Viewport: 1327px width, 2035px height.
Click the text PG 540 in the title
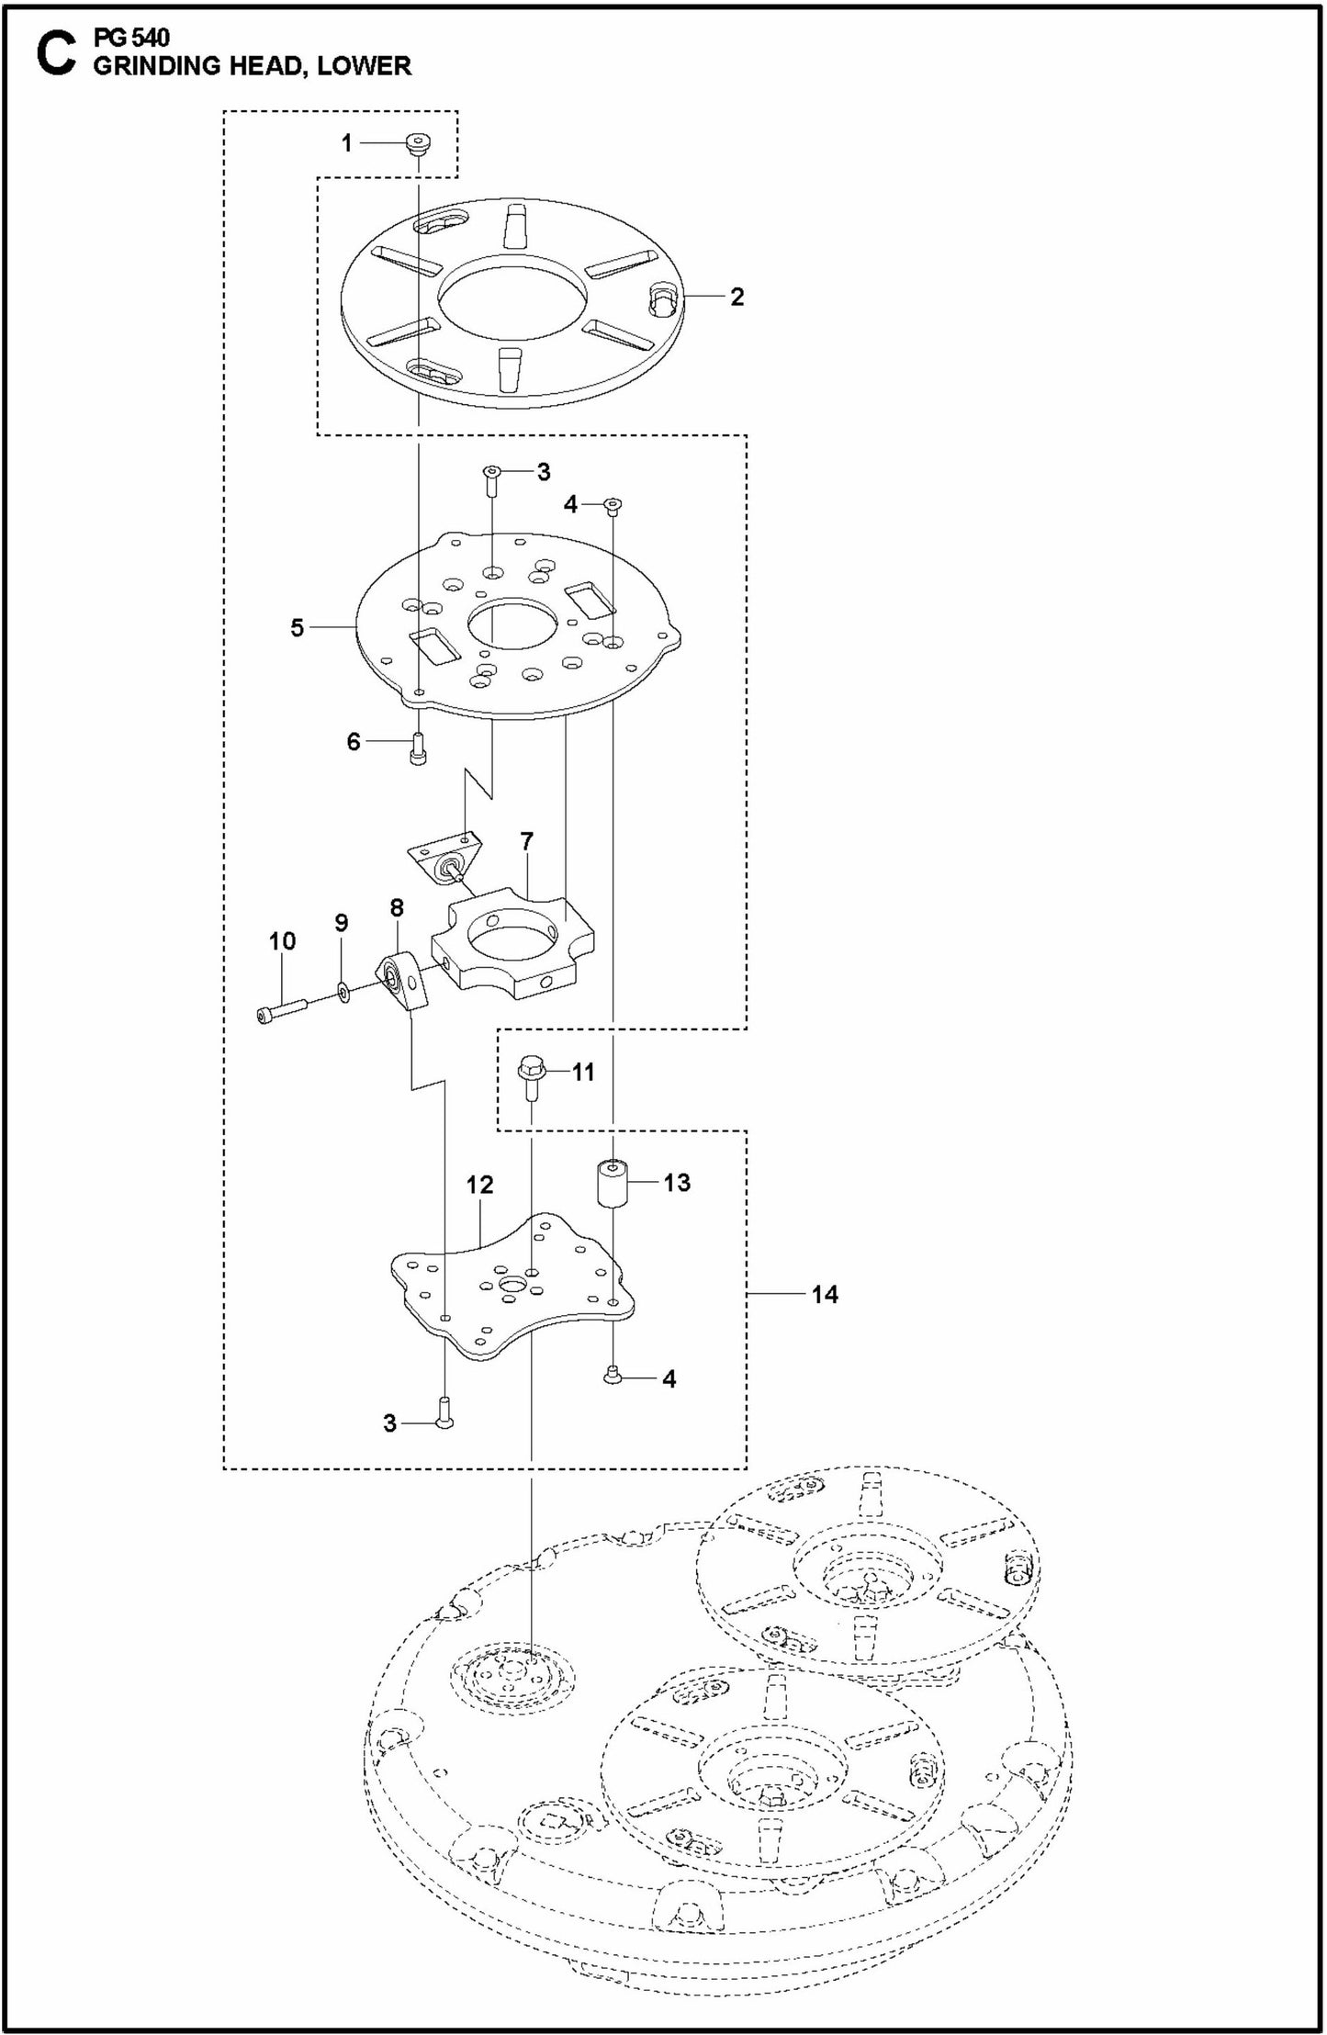tap(131, 38)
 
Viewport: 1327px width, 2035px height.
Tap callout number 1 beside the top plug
tap(346, 143)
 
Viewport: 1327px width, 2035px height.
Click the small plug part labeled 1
tap(419, 144)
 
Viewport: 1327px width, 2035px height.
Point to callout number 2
tap(737, 297)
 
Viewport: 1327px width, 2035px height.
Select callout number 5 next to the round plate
tap(298, 628)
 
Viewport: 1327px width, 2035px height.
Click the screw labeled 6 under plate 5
tap(419, 749)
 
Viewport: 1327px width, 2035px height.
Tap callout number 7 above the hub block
tap(527, 840)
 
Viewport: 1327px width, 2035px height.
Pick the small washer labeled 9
tap(343, 992)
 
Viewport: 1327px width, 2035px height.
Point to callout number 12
tap(479, 1185)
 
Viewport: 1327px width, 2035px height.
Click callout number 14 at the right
tap(825, 1294)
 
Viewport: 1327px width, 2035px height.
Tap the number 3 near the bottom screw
tap(389, 1422)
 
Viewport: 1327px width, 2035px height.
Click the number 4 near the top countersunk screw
tap(570, 503)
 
